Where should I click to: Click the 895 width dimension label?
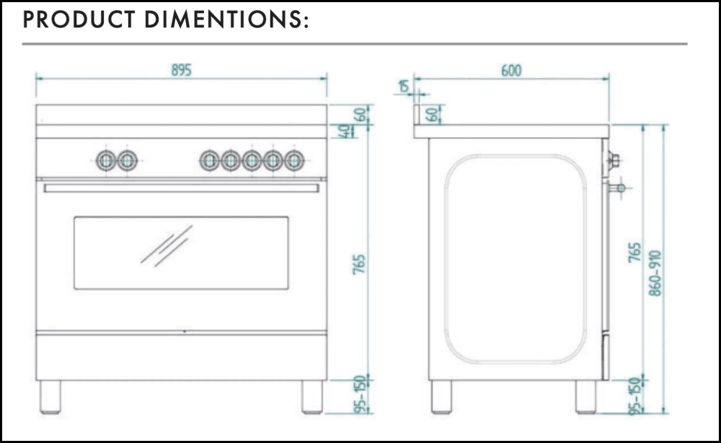coord(181,70)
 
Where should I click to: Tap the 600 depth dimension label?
coord(511,71)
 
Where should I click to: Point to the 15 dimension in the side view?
coord(404,86)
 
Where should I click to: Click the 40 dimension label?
coord(344,131)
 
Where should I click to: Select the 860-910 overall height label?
coord(655,273)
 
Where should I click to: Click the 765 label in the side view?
coord(634,253)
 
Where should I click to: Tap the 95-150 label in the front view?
coord(361,395)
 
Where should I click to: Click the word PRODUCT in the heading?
coord(79,19)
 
